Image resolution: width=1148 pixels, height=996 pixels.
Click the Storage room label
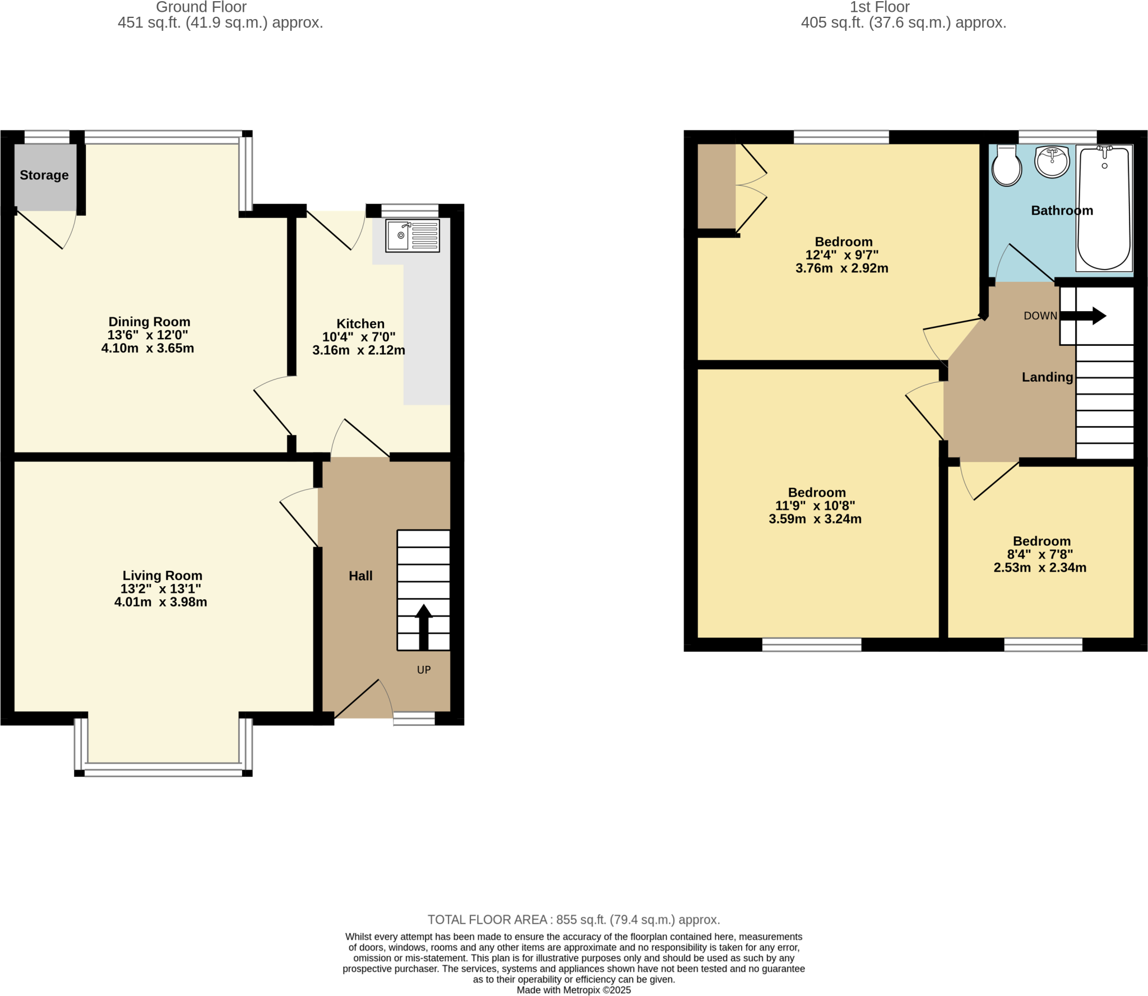[x=44, y=175]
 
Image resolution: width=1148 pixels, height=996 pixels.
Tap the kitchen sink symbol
[x=413, y=235]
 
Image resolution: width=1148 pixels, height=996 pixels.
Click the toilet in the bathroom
[x=1007, y=166]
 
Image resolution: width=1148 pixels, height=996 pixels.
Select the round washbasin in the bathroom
[x=1052, y=162]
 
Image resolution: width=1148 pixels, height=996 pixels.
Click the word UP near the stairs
[x=424, y=670]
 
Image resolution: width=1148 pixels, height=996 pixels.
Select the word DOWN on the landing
[x=1040, y=316]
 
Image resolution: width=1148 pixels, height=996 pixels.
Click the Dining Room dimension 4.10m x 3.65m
[x=148, y=348]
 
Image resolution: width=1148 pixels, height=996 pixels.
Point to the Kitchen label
[x=360, y=323]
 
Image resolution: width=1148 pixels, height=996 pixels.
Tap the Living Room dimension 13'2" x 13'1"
[x=161, y=589]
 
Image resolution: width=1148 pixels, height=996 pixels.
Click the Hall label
[x=360, y=576]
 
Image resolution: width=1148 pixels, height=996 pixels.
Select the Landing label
[x=1047, y=377]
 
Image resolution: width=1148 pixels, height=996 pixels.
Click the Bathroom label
[x=1062, y=211]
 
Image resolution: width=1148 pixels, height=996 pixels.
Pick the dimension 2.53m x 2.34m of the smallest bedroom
[x=1040, y=567]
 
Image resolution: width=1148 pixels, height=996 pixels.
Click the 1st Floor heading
[x=879, y=7]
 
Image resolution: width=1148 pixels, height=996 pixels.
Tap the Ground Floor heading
[x=201, y=7]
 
